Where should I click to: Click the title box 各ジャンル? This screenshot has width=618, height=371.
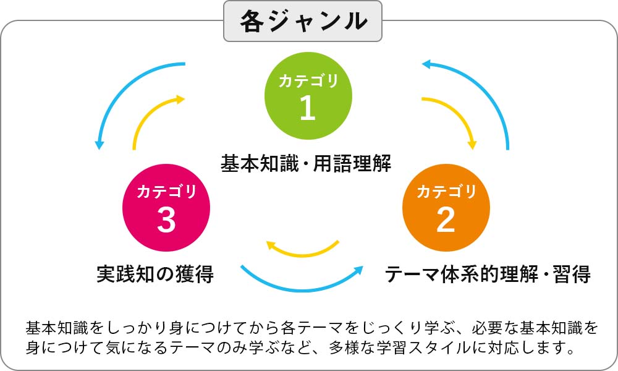(303, 21)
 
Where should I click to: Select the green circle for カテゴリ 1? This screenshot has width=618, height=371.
(308, 96)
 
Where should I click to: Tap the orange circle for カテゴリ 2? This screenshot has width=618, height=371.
(446, 208)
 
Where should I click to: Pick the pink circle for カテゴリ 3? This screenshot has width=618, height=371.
(166, 208)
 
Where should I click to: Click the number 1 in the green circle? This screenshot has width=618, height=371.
(308, 108)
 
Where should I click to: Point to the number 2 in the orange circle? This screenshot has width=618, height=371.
(446, 220)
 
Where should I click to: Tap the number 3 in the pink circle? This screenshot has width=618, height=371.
(166, 220)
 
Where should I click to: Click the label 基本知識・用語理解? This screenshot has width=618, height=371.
(306, 163)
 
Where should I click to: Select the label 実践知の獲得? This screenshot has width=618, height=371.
(155, 274)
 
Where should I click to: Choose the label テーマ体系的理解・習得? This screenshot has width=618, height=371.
(488, 274)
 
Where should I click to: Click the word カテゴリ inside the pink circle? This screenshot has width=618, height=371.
(166, 192)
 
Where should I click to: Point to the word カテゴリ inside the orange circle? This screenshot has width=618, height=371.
(446, 192)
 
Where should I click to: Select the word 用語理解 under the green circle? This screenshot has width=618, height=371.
(352, 163)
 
